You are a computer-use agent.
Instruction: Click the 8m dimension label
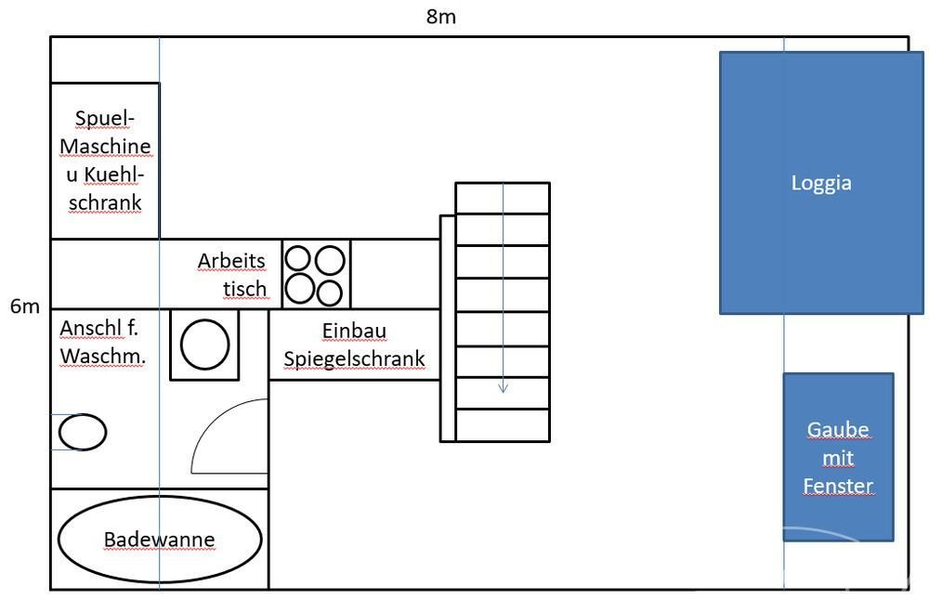441,17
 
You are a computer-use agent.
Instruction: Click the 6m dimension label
25,306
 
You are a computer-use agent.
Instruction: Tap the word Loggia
821,183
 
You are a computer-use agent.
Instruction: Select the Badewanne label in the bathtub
159,540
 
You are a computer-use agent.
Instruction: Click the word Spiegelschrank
354,358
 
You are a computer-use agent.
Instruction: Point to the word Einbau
354,331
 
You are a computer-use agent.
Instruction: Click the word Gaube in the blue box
838,430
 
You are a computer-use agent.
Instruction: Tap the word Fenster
838,485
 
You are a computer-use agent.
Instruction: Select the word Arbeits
231,261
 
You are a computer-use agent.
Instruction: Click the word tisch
245,289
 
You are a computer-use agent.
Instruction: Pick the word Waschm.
101,356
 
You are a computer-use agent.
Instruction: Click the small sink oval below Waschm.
83,432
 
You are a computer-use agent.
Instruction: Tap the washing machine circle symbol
204,345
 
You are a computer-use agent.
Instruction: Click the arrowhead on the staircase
503,387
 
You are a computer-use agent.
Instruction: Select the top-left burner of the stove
300,258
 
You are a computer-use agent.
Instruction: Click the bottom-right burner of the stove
330,293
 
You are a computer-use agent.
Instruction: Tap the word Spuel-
105,119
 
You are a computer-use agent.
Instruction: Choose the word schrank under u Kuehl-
104,202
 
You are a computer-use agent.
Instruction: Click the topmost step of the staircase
503,199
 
